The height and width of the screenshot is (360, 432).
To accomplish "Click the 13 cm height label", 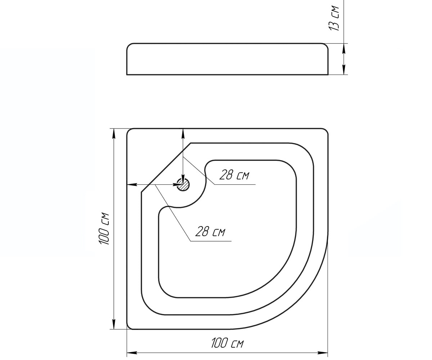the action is [x=334, y=18].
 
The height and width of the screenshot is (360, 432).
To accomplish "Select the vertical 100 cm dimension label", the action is [x=104, y=228].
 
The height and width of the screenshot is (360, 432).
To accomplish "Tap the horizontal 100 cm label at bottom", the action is [x=227, y=343].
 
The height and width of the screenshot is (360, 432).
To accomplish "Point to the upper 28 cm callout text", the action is [x=234, y=175].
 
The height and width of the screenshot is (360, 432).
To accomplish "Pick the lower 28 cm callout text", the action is [x=210, y=231].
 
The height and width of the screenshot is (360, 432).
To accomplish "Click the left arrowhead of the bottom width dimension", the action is [x=132, y=353].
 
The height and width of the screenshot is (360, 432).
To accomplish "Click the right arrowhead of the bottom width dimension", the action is [x=323, y=353].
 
